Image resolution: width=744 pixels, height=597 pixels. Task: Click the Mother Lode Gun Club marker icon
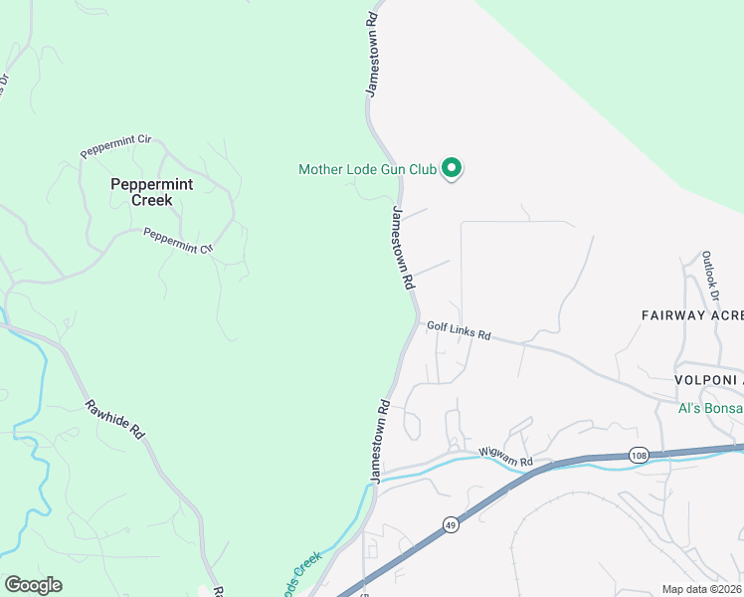[452, 169]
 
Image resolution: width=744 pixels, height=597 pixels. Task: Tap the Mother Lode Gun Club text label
[368, 170]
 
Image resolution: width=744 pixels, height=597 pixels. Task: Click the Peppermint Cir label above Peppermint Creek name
[115, 145]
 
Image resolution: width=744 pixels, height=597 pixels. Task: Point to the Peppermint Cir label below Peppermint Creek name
[179, 241]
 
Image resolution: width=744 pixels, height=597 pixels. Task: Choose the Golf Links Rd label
[459, 330]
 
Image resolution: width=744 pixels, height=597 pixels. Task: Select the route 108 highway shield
[639, 455]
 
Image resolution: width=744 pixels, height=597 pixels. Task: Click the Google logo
[33, 584]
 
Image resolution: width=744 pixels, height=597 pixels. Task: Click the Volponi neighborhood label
[708, 380]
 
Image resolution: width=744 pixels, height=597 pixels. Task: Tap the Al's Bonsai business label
[710, 408]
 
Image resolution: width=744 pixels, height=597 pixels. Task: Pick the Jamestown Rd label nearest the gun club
[402, 248]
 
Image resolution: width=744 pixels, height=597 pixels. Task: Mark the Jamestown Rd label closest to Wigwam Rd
[379, 442]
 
